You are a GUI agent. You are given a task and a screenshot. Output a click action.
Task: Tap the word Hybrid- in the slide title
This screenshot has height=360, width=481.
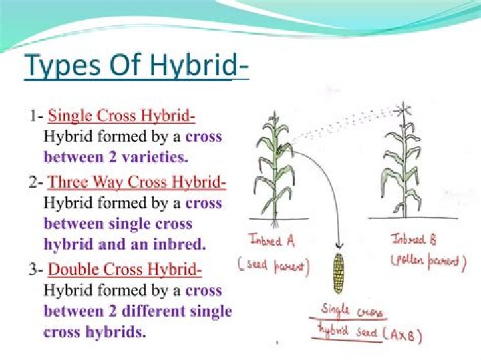coord(199,65)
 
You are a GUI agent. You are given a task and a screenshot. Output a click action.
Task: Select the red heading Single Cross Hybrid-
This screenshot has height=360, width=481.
coord(122,116)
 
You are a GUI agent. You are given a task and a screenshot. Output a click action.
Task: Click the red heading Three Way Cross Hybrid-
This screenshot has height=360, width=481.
coord(137,182)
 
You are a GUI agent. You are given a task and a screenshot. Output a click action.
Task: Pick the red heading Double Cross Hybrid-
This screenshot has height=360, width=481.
coord(125,269)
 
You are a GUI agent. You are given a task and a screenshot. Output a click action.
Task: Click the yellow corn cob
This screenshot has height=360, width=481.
coord(338,273)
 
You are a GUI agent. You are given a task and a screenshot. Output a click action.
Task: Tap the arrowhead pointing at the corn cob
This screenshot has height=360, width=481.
coord(339,245)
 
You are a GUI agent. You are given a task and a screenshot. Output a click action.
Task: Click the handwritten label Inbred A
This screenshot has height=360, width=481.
coord(272,240)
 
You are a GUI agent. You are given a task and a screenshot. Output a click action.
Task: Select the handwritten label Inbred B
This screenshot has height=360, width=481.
coord(414,239)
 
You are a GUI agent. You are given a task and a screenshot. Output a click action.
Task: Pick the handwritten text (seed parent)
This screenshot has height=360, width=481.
coord(274,266)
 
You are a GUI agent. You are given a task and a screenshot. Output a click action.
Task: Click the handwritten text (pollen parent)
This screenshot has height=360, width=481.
coord(428,261)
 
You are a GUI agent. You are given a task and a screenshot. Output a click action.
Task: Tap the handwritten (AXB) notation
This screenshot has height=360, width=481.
coord(402,335)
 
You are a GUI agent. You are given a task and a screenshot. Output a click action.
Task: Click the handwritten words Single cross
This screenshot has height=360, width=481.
coord(352,311)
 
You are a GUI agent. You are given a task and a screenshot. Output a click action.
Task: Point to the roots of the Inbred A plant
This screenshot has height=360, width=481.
coord(275,223)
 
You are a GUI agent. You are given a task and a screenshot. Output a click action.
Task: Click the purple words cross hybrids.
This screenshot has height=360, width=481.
coord(95,332)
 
